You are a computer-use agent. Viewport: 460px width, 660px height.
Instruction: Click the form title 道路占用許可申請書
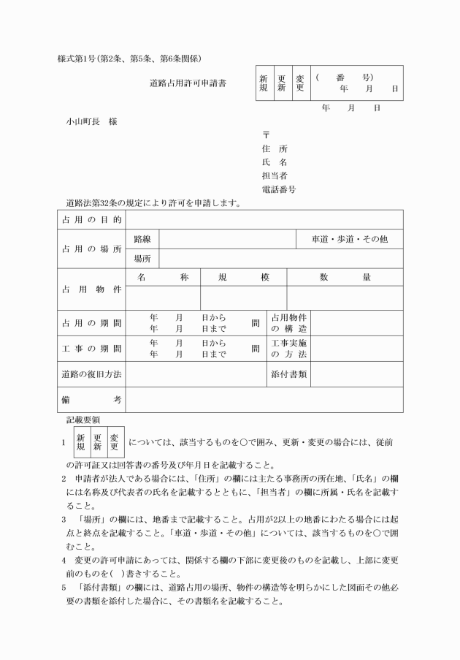coord(188,83)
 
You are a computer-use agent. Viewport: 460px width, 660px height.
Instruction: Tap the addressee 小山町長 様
coord(91,121)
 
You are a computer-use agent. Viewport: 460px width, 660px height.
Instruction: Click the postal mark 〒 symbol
coord(266,134)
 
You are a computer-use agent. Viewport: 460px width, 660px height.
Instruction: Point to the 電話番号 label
coord(278,189)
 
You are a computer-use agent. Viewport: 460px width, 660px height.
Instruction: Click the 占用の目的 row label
coord(91,219)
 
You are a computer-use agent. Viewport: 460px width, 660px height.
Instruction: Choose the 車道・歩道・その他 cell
coord(349,239)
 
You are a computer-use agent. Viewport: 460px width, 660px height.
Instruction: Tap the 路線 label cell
coord(142,239)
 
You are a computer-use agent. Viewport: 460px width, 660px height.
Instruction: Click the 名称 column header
coord(163,277)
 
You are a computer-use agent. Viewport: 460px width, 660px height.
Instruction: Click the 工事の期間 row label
coord(91,349)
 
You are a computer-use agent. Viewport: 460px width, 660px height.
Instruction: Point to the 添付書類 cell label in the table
coord(288,374)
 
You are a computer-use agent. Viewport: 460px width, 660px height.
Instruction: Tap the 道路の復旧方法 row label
coord(91,374)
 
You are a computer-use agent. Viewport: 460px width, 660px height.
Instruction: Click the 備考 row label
coord(91,400)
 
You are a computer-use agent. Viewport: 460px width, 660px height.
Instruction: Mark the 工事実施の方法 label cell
coord(288,349)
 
